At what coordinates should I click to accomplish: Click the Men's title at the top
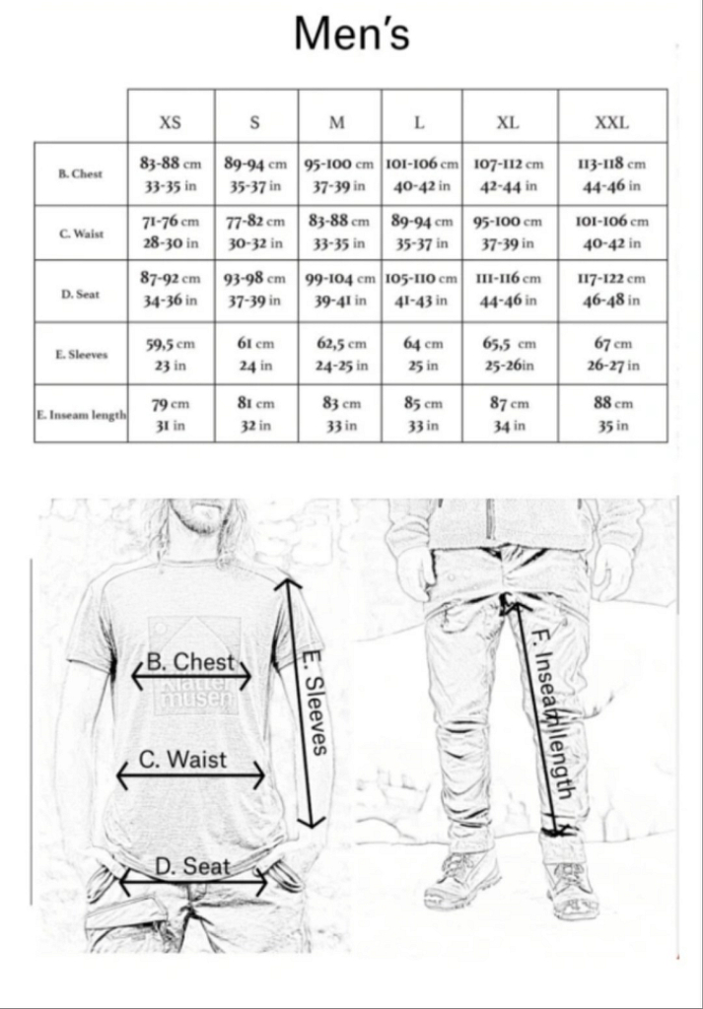click(x=352, y=34)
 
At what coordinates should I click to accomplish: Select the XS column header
click(x=171, y=123)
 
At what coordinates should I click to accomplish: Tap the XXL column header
click(x=611, y=123)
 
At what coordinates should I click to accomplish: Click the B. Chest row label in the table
click(x=81, y=173)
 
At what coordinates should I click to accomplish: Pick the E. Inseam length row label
click(x=81, y=415)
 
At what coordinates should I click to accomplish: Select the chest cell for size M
click(x=339, y=173)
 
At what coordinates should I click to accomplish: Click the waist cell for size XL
click(x=508, y=232)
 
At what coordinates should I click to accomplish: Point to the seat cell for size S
click(x=255, y=290)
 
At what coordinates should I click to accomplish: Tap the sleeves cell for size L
click(x=423, y=354)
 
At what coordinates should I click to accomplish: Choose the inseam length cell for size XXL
click(x=611, y=414)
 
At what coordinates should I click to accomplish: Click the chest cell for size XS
click(x=171, y=173)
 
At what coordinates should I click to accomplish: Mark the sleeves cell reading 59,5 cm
click(x=171, y=354)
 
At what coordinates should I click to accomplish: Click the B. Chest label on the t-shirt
click(x=191, y=661)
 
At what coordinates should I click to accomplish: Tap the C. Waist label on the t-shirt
click(x=183, y=759)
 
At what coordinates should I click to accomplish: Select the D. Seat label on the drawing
click(x=193, y=866)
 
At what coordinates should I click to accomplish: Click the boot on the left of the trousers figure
click(x=460, y=878)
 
